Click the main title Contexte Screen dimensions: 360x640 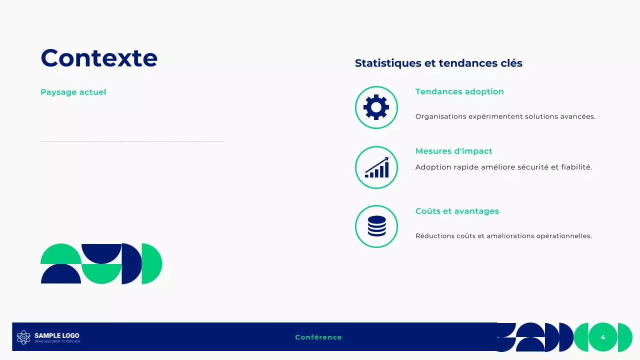[99, 58]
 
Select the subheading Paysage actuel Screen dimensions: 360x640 [73, 92]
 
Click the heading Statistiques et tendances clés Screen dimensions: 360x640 [438, 63]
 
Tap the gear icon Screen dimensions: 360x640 [376, 107]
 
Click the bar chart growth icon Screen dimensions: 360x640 [376, 168]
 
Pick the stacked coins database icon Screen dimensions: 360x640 [376, 226]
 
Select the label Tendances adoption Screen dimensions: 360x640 [459, 91]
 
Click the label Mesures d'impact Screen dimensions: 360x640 [453, 151]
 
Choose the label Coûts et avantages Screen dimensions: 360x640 [457, 211]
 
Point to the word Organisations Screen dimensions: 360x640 [440, 116]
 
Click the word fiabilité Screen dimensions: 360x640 [576, 167]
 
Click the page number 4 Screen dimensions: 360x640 [603, 337]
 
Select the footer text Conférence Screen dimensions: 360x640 [318, 337]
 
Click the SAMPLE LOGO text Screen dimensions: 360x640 [56, 335]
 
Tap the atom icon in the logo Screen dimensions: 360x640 [23, 337]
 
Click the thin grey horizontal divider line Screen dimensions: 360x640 [131, 142]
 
